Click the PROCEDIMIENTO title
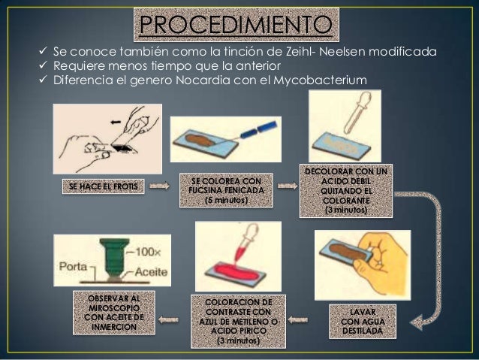point(236,25)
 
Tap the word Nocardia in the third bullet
point(203,80)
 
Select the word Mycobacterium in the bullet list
point(320,80)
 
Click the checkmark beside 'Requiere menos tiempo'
point(43,65)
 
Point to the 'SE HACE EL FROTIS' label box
point(104,186)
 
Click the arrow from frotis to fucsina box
point(159,186)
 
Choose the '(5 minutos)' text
point(227,200)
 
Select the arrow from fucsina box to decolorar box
point(288,186)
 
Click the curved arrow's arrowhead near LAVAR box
point(417,322)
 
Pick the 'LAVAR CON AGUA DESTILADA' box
point(363,322)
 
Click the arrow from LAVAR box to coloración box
point(298,320)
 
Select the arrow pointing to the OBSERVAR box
point(168,320)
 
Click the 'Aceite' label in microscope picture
point(151,271)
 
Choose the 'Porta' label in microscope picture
point(73,266)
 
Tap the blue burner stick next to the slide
point(259,129)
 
